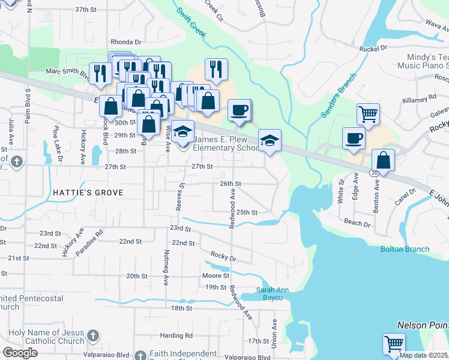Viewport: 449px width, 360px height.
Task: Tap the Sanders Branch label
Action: (x=339, y=95)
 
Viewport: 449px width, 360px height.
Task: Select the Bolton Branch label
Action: (x=405, y=249)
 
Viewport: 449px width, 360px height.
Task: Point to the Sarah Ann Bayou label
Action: (x=277, y=293)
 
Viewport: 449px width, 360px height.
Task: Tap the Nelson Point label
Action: (x=423, y=325)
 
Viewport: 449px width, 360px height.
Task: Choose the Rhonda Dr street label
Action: (x=125, y=42)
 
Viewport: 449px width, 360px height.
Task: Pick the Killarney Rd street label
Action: (x=420, y=98)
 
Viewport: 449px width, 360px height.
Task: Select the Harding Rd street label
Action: (x=180, y=335)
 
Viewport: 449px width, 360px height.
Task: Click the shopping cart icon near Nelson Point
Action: (x=394, y=344)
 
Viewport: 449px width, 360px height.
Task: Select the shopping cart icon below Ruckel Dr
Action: (x=367, y=112)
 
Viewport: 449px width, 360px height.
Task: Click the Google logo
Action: (x=20, y=353)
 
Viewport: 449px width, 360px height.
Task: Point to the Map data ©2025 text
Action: (x=423, y=355)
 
